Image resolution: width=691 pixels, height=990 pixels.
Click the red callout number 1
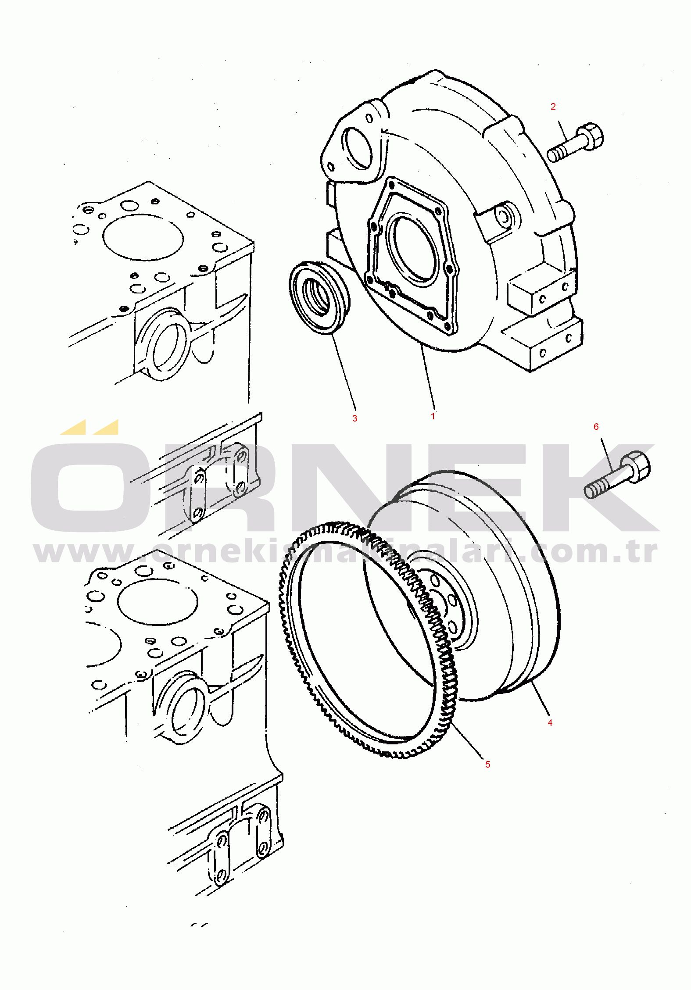pos(433,416)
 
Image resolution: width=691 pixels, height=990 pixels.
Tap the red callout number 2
pos(553,107)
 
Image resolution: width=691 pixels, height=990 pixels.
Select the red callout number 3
pos(355,418)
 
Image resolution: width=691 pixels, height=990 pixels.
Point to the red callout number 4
pos(550,722)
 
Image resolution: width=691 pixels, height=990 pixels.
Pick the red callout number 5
pos(488,764)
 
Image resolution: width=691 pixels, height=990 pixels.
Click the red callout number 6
pos(596,427)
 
